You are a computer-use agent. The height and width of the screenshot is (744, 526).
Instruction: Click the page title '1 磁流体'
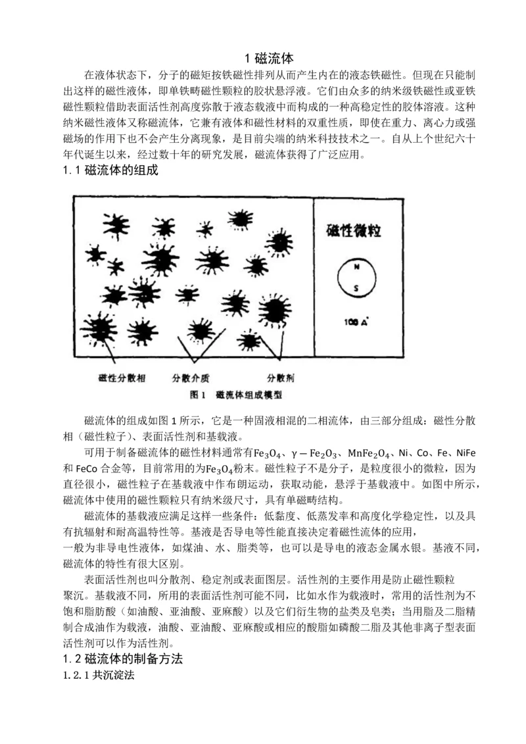(x=263, y=58)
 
